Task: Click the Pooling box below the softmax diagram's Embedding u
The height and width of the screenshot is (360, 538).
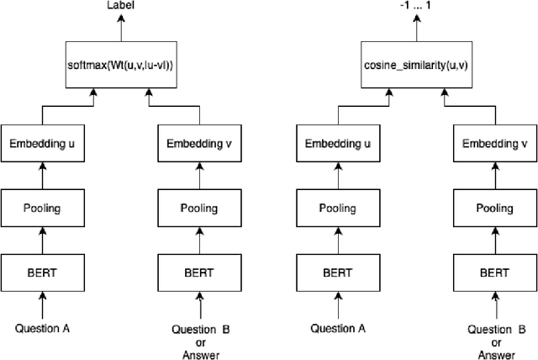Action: (42, 208)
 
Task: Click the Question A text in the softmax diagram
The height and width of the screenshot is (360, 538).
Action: (42, 328)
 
